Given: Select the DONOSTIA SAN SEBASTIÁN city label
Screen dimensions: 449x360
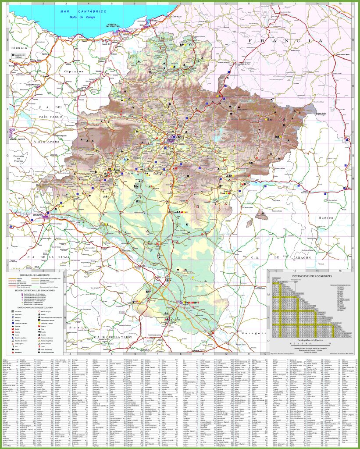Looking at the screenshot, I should point(113,25).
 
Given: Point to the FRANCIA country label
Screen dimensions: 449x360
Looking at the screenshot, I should point(285,41).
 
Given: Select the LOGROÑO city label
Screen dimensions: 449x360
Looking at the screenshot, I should point(38,215).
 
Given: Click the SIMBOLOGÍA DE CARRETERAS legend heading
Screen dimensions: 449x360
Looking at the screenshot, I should point(35,274).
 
